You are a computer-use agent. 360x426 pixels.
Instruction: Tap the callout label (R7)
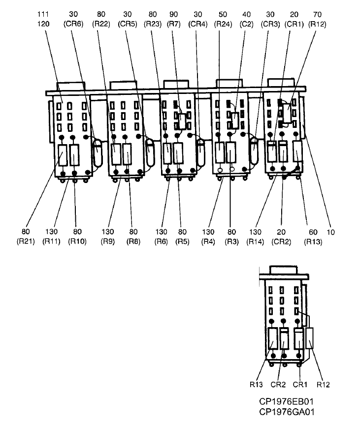pos(173,23)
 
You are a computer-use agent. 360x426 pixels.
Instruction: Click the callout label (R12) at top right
pos(318,23)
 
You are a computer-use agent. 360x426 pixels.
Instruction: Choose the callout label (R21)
pos(28,241)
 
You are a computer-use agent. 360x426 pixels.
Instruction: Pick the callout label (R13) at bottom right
pos(309,241)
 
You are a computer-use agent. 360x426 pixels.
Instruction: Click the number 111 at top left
pos(44,14)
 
